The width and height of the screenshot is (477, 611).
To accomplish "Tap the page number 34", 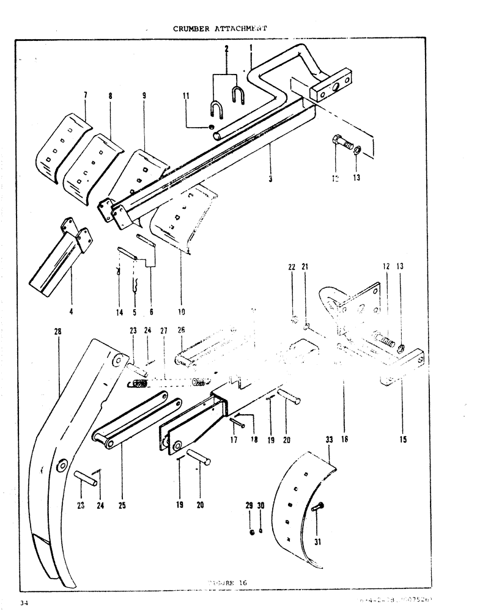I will tap(24, 604).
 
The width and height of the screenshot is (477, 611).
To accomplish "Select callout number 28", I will tap(57, 332).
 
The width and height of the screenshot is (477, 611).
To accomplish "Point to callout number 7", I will tap(85, 95).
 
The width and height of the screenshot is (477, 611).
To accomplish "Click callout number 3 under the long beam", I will tap(270, 179).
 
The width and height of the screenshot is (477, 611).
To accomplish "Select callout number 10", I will tap(182, 312).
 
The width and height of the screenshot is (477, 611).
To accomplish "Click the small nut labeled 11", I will tap(210, 126).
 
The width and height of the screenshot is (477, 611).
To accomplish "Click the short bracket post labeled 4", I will tap(61, 257).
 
